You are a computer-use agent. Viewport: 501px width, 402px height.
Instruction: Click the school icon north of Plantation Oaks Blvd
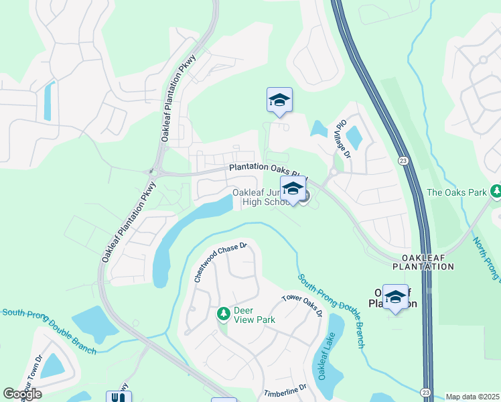(279, 100)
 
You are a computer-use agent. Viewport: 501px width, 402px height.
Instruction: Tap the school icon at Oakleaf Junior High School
(293, 189)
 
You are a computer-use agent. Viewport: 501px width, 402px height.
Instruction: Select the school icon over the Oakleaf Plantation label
(395, 297)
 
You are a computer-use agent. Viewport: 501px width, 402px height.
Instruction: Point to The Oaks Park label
(457, 192)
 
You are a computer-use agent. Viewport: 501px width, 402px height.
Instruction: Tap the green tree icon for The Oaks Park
(496, 192)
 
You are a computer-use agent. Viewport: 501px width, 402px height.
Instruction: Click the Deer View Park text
(254, 315)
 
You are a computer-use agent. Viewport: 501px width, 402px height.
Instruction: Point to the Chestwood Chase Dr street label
(220, 263)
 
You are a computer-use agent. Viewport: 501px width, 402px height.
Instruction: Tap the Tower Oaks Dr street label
(302, 305)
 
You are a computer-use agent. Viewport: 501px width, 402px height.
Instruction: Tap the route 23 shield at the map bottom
(426, 391)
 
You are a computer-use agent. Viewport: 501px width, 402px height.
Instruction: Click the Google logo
(22, 393)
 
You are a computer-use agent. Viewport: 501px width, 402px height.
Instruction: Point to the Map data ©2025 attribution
(472, 397)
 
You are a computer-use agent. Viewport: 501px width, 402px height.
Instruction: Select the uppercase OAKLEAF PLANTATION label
(427, 262)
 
